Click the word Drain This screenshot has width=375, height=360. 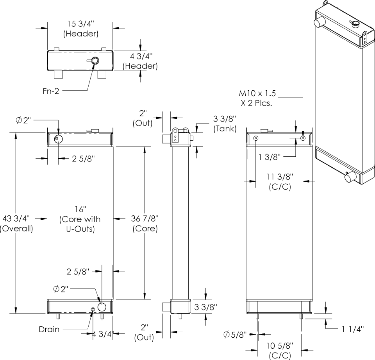point(49,330)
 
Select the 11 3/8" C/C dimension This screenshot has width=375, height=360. point(280,182)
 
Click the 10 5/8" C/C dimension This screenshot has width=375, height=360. point(280,350)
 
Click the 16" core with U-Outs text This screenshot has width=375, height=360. point(80,219)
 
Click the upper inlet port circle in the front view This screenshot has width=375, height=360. point(58,139)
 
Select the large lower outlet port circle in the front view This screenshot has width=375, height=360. point(102,306)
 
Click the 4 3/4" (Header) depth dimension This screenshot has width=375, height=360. point(140,61)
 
